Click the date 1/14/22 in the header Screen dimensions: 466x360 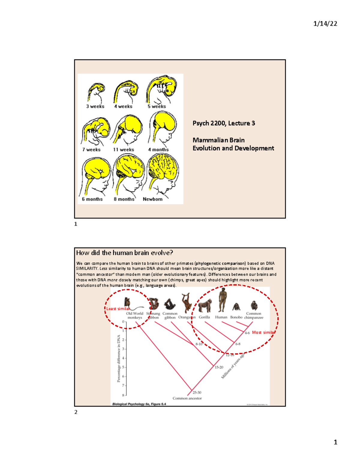click(325, 24)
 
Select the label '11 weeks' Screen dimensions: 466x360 click(123, 149)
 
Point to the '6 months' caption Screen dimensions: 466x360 click(92, 199)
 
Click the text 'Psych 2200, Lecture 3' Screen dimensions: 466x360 click(223, 123)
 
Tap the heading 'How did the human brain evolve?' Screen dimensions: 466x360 click(124, 253)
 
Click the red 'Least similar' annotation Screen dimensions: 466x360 click(118, 308)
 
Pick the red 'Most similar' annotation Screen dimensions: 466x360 click(263, 332)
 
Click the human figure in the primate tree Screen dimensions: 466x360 click(222, 300)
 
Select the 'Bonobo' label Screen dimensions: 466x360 click(236, 317)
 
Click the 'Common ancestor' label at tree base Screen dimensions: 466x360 click(187, 398)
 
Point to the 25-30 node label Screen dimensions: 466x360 click(197, 392)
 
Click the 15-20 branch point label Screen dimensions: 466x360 click(219, 367)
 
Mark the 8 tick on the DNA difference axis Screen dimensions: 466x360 click(123, 395)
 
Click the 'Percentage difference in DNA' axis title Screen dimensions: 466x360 click(119, 358)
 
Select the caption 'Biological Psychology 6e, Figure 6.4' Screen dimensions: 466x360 click(139, 404)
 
